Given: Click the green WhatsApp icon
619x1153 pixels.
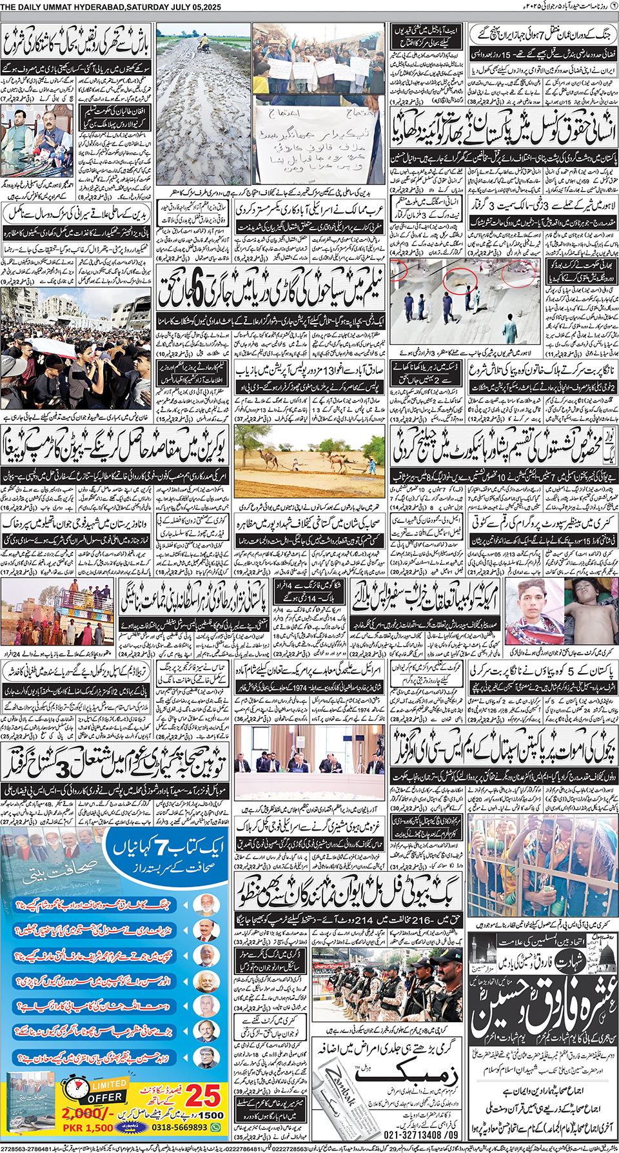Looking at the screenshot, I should pyautogui.click(x=216, y=1128).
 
